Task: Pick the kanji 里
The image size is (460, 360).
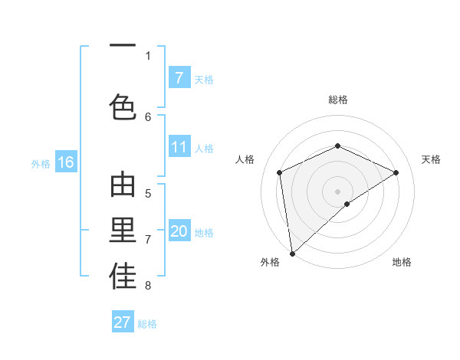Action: coord(123,233)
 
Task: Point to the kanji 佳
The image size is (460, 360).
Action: coord(123,277)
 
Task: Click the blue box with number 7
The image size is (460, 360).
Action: coord(179,77)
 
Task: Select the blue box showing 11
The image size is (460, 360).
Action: coord(179,147)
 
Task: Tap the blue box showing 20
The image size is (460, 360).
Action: coord(179,231)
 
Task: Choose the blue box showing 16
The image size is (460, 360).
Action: coord(66,162)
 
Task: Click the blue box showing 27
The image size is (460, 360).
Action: coord(123,322)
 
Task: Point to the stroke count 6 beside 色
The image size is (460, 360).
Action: coord(148,116)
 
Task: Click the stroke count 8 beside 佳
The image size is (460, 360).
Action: coord(148,286)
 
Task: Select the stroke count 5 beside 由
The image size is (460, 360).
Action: coord(148,194)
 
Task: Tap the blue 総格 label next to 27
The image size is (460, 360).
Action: coord(147,324)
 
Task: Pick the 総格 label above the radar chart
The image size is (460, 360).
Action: coord(337,100)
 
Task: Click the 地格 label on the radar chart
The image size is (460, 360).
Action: coord(402,263)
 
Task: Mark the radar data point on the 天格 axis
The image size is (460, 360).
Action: coord(396,172)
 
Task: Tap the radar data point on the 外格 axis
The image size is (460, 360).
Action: coord(292,253)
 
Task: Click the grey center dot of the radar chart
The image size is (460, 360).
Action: coord(337,191)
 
